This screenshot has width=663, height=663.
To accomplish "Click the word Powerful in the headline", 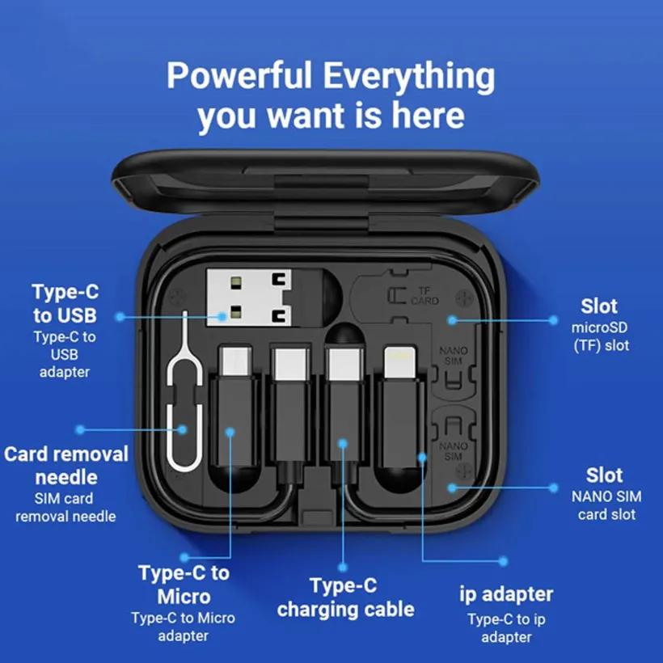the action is click(x=239, y=75).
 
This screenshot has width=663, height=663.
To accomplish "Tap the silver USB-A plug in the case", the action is click(x=249, y=298).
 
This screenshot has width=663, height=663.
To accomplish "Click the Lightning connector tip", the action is click(x=400, y=362).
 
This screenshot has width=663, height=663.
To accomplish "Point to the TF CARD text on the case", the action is click(x=425, y=296).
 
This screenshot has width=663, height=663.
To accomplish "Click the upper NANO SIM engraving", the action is click(x=454, y=356).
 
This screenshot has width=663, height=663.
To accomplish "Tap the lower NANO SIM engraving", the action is click(x=454, y=450).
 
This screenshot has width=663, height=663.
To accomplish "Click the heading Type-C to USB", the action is click(x=65, y=303).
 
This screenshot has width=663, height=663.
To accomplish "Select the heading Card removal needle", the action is click(x=66, y=466).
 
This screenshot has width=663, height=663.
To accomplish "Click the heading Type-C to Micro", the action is click(x=184, y=585).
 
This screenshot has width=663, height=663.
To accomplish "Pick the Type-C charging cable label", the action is click(x=345, y=598).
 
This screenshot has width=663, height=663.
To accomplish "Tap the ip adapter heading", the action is click(x=506, y=594).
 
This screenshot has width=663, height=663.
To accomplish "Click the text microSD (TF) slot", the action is click(x=601, y=336).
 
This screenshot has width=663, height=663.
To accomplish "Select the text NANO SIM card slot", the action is click(x=606, y=505).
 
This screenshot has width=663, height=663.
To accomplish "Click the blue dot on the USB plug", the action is click(x=222, y=316).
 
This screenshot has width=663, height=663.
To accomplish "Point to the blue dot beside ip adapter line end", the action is click(x=503, y=561).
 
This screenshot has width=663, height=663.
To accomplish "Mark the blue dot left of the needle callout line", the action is click(x=80, y=430).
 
